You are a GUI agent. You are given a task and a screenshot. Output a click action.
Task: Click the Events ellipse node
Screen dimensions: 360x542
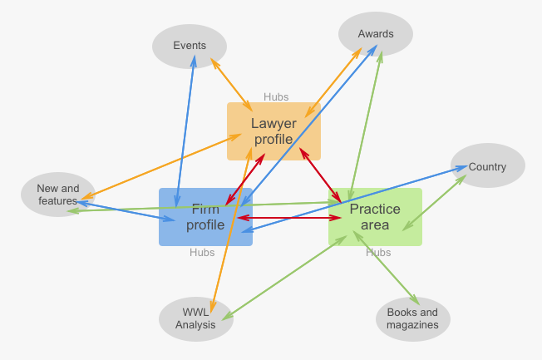click(190, 46)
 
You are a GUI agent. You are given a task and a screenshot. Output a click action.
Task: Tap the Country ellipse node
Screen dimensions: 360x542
click(487, 166)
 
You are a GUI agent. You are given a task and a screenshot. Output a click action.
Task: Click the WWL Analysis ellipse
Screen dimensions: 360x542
click(196, 318)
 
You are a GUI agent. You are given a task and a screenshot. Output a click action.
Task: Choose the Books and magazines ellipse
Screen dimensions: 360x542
click(412, 318)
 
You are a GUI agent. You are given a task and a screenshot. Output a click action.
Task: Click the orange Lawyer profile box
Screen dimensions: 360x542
click(273, 131)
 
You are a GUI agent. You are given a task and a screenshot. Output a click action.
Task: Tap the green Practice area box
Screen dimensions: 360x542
click(375, 217)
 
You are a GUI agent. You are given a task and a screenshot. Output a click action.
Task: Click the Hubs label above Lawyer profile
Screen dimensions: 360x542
click(276, 97)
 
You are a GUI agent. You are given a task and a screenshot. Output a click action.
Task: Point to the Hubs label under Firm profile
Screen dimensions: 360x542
click(201, 253)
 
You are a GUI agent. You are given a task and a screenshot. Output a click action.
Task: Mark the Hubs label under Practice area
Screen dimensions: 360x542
click(378, 253)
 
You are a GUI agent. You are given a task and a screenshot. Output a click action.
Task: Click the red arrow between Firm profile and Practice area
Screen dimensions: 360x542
click(291, 218)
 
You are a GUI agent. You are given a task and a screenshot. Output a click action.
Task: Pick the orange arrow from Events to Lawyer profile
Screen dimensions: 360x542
click(232, 83)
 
